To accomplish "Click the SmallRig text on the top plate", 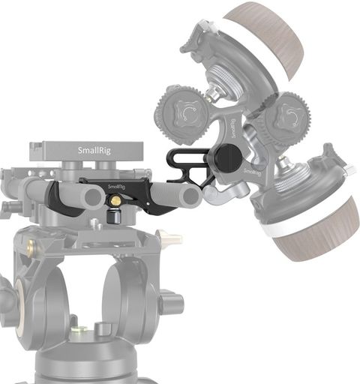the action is tap(94, 150).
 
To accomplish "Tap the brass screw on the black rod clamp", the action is tap(115, 199).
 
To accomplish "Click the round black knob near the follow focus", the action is tap(229, 158).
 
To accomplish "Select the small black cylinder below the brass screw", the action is tap(114, 216).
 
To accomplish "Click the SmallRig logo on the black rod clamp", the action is tap(116, 187).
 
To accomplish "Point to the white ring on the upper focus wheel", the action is tap(253, 43).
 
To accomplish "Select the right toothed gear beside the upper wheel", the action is tap(287, 118).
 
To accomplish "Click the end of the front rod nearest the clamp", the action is tap(94, 196).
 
